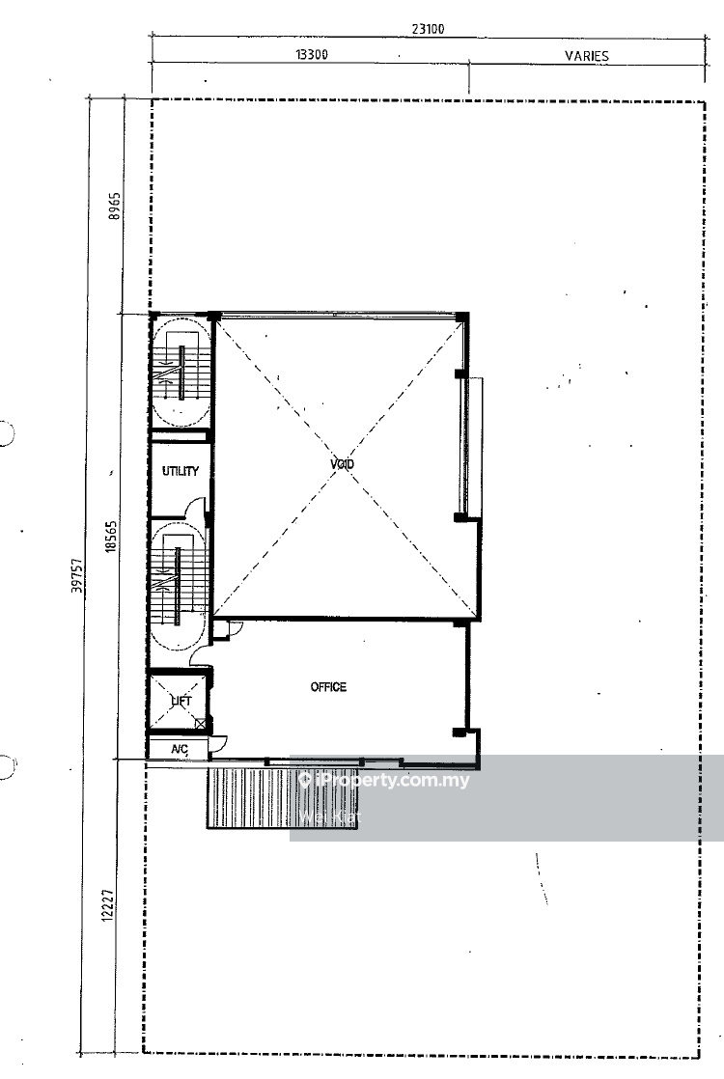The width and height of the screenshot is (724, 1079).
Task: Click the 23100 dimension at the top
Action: (x=428, y=29)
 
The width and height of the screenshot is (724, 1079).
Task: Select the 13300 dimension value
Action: (x=311, y=55)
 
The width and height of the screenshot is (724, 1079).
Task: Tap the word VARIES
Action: (x=587, y=56)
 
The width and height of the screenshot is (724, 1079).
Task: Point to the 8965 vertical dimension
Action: (x=114, y=207)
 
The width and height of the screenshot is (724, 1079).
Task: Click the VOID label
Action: (x=342, y=465)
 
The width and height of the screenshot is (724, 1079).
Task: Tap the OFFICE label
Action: (x=328, y=687)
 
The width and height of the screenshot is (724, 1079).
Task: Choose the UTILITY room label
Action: (x=181, y=472)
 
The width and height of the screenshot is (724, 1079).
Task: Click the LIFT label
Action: (x=181, y=702)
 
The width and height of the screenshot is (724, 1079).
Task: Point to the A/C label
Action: (x=180, y=749)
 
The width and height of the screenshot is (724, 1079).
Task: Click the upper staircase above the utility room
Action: (x=180, y=372)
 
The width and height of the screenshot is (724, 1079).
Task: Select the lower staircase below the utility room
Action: (x=178, y=586)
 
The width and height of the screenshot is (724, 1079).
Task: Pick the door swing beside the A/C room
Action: (x=218, y=744)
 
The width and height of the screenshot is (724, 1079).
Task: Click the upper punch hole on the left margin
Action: (x=5, y=433)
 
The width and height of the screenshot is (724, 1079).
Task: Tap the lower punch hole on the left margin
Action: (x=5, y=767)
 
